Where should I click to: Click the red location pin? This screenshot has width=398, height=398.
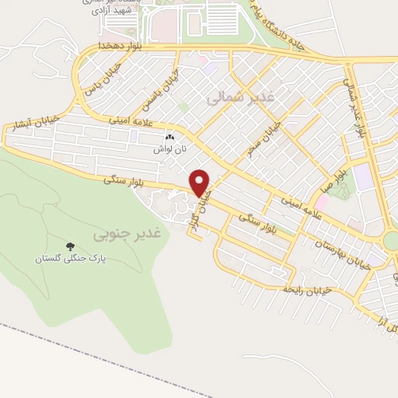coord(201,182)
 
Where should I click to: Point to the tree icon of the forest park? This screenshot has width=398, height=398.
coord(71,246)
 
